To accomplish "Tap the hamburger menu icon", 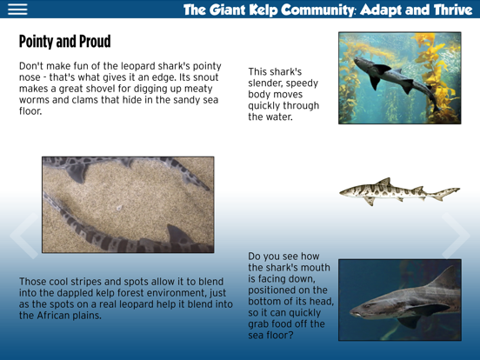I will [x=17, y=10].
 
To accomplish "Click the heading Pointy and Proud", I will [x=64, y=42].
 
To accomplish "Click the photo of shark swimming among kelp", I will [x=399, y=78].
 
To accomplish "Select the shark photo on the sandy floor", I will [x=128, y=204].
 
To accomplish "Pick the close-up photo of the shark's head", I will [x=399, y=299].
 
